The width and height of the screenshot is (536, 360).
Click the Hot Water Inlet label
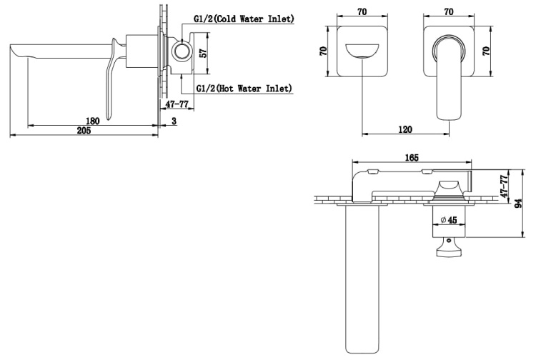click(x=244, y=89)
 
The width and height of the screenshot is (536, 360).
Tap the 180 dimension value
click(x=92, y=121)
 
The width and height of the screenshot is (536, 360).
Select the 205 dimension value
click(x=84, y=131)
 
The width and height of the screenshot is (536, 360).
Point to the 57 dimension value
click(x=203, y=54)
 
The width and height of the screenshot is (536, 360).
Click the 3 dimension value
click(x=174, y=121)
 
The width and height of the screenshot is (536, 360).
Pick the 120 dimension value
click(x=405, y=129)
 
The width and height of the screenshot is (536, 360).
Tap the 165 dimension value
click(x=412, y=158)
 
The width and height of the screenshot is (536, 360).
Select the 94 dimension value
click(x=518, y=204)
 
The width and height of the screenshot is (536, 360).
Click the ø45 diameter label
click(x=450, y=220)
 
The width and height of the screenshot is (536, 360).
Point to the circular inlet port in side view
click(x=182, y=53)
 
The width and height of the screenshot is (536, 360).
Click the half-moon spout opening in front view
click(x=362, y=51)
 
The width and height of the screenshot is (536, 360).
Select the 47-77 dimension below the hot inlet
click(x=177, y=104)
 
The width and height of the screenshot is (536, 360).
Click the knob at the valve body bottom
click(x=449, y=247)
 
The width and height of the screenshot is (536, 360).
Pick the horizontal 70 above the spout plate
click(x=362, y=12)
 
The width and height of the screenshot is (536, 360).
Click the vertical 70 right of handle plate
click(x=486, y=51)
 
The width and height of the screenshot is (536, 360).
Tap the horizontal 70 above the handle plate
click(x=449, y=12)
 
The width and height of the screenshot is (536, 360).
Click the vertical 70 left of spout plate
click(x=323, y=51)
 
